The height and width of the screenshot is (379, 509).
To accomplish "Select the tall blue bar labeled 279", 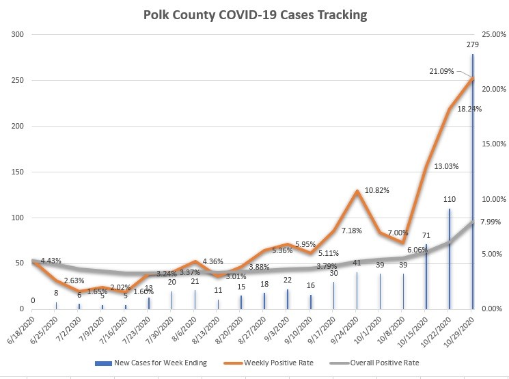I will (x=472, y=185).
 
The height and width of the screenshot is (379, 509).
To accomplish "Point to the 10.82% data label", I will (x=376, y=189).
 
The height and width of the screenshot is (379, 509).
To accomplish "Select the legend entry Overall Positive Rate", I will (x=384, y=363).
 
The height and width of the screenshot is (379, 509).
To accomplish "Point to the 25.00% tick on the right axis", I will (x=494, y=35).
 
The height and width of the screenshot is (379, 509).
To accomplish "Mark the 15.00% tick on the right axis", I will (x=494, y=144).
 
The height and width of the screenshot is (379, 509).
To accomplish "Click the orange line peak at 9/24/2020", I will (x=357, y=191).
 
